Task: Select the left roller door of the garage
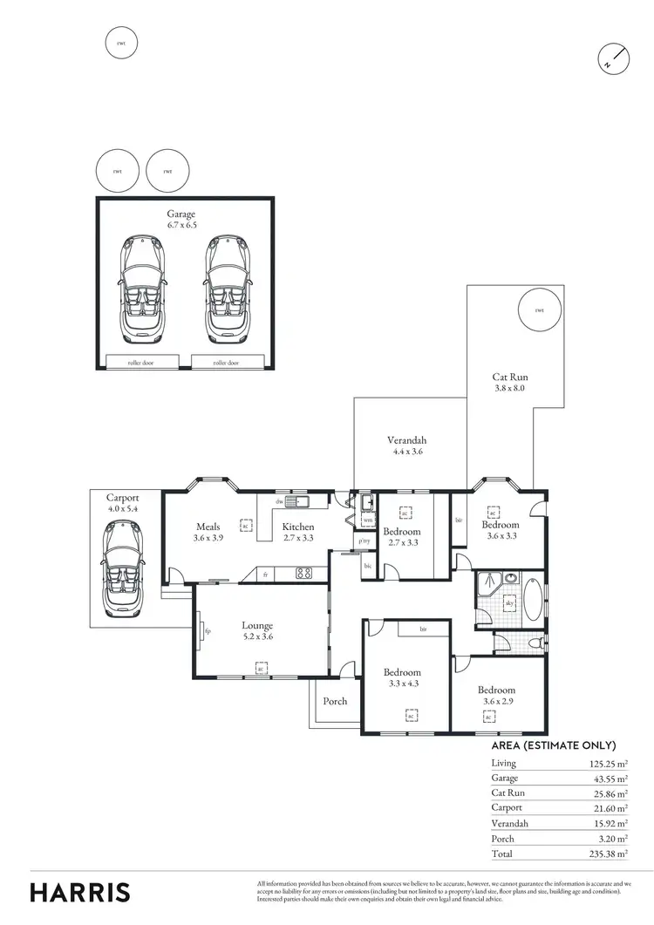click(x=141, y=362)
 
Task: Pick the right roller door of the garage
click(x=226, y=362)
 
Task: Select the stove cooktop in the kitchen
click(x=304, y=574)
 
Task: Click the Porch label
click(x=335, y=701)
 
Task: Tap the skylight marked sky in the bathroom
click(x=510, y=602)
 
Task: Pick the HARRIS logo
click(x=80, y=892)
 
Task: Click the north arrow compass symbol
click(x=612, y=58)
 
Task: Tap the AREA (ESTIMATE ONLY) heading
click(x=554, y=745)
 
